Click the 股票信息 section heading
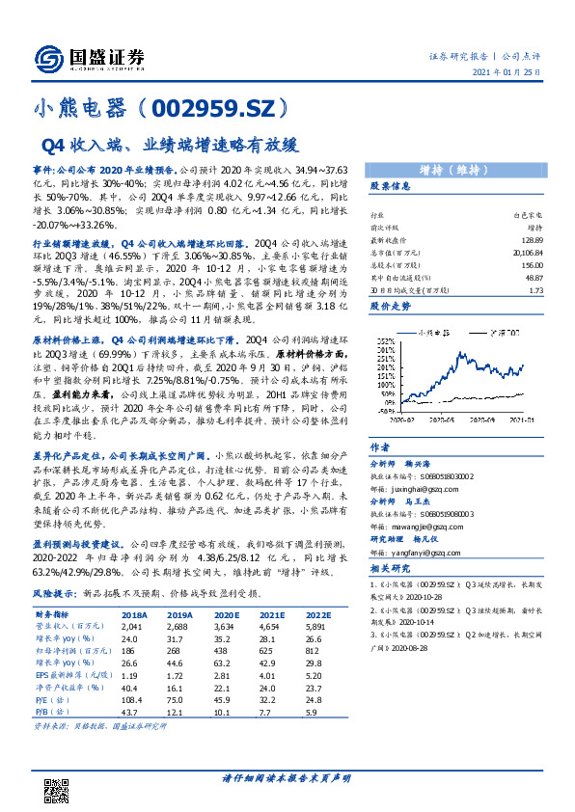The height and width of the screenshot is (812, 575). [x=391, y=186]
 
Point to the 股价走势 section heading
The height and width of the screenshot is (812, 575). [x=391, y=306]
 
